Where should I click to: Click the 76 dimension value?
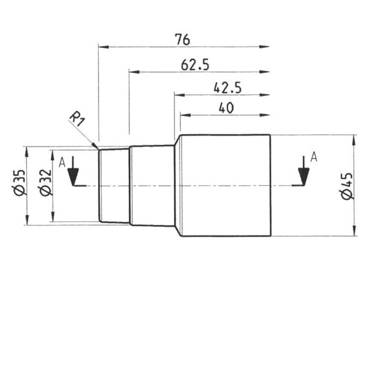[x=182, y=39]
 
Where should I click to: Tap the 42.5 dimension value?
[x=228, y=88]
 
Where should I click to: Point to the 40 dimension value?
[x=226, y=108]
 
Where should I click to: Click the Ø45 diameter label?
[x=346, y=186]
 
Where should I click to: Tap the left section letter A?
[x=61, y=163]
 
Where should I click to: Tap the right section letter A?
[x=313, y=157]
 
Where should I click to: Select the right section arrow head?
[x=301, y=178]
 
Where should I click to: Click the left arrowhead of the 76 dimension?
[x=103, y=46]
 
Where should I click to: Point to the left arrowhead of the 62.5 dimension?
[x=134, y=71]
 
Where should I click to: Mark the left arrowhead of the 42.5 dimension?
[x=179, y=94]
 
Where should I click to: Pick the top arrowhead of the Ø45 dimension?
[x=355, y=139]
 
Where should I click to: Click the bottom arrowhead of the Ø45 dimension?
[x=355, y=232]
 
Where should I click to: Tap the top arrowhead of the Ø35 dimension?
[x=26, y=151]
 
